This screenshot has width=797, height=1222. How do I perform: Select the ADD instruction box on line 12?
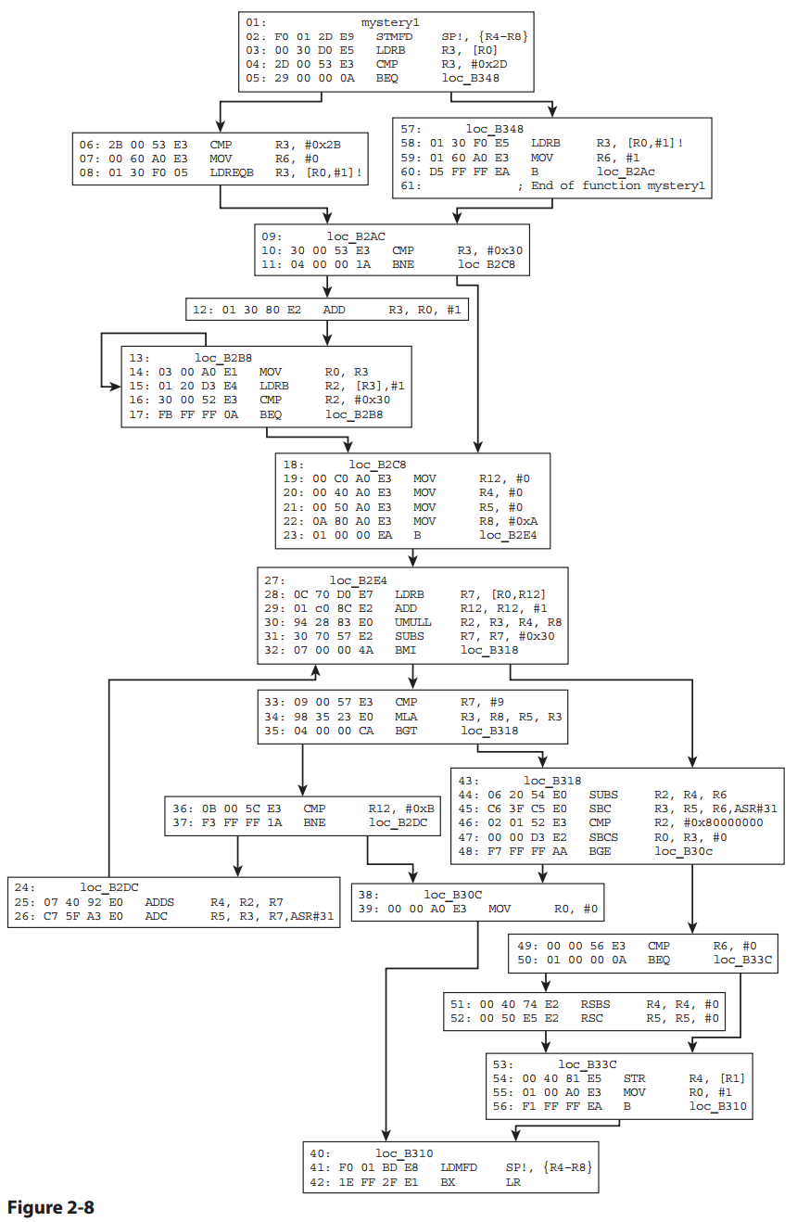[x=327, y=309]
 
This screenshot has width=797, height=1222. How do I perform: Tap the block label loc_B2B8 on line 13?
[x=225, y=357]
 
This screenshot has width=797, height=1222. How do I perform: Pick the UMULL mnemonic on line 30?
[x=412, y=621]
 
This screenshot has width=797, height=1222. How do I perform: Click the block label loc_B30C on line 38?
[x=455, y=895]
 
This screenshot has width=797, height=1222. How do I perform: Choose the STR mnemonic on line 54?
[x=634, y=1077]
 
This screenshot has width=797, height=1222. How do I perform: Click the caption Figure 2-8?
[x=50, y=1206]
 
